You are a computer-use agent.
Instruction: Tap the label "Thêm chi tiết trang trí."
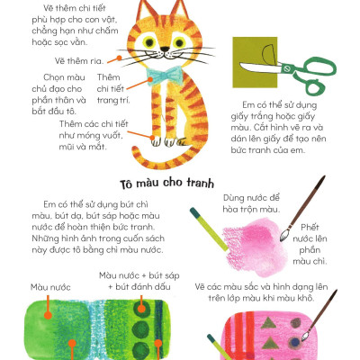click(113, 90)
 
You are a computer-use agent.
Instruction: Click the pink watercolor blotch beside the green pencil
click(246, 244)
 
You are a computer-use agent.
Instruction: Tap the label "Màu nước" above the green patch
click(50, 287)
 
